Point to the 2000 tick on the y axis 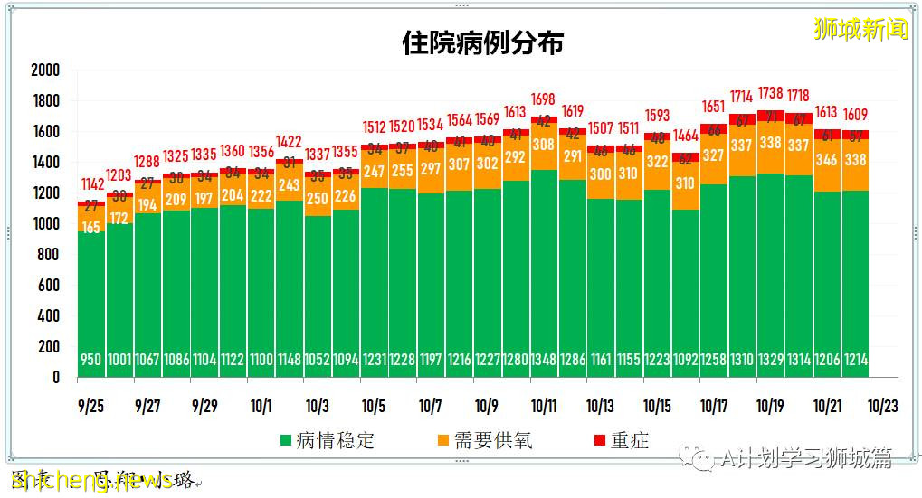click(x=44, y=70)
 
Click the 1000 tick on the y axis click(x=44, y=224)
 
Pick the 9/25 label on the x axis click(x=91, y=407)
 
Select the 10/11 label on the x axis click(x=544, y=407)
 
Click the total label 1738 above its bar click(x=770, y=93)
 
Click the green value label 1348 click(x=544, y=360)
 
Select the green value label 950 click(x=91, y=360)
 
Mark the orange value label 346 click(x=826, y=160)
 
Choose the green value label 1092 click(x=685, y=360)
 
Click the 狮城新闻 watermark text click(x=860, y=30)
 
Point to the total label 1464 click(x=685, y=136)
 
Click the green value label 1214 click(x=855, y=360)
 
